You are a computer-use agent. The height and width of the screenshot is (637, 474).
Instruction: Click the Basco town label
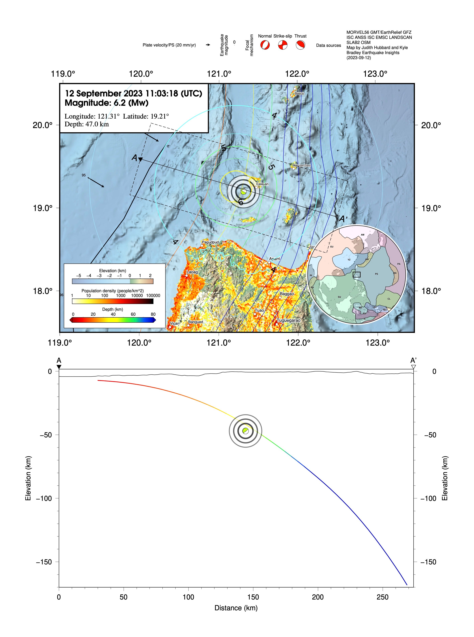tap(299, 94)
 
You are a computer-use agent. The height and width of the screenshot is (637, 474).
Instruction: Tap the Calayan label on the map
tap(262, 184)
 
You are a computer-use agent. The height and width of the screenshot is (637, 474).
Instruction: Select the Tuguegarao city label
tap(288, 320)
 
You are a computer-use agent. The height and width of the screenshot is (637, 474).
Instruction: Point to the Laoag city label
tap(192, 272)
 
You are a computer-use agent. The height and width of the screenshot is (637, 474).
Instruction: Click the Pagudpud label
tap(210, 242)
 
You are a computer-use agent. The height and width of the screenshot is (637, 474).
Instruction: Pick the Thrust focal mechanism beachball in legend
tap(300, 45)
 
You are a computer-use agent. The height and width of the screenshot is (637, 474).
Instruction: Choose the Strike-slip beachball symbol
tap(283, 45)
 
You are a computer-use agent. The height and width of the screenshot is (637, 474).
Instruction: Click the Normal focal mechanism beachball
tap(265, 45)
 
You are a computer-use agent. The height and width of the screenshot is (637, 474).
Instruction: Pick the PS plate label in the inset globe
tap(376, 274)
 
